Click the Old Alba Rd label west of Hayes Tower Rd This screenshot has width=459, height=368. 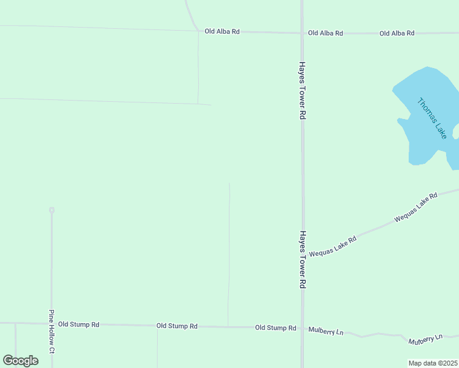tap(222, 31)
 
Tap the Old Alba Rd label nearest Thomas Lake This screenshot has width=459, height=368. tap(396, 33)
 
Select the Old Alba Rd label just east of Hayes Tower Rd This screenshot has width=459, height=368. tap(325, 33)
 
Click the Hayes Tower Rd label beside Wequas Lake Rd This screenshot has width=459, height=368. tap(302, 259)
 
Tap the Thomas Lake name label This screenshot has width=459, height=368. tap(432, 118)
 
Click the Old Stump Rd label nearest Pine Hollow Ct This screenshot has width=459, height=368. tap(79, 324)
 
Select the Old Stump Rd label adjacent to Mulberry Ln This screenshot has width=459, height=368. tap(276, 328)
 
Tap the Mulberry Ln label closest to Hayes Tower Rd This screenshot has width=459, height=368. tap(325, 331)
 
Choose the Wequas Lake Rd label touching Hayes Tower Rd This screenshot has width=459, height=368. tap(333, 246)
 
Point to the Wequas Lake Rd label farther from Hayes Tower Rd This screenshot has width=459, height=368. tap(415, 207)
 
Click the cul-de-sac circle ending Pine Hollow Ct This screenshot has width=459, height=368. tap(52, 210)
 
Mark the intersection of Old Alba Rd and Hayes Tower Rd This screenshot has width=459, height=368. tap(302, 33)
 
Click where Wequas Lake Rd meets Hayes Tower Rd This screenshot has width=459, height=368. tap(303, 256)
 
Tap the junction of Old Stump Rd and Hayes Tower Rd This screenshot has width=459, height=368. tap(302, 329)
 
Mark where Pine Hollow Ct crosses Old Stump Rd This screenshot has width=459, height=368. tap(52, 323)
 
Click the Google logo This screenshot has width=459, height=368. tap(21, 361)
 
